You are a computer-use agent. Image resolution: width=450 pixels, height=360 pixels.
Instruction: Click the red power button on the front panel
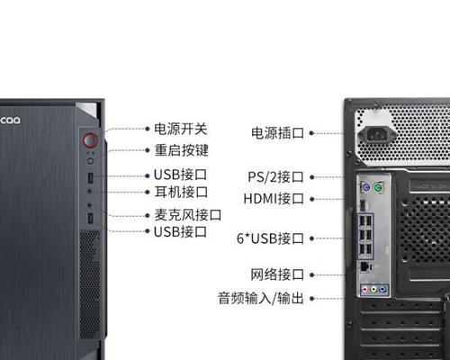[90, 140]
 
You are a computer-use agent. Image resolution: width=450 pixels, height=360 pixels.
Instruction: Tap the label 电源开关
[181, 129]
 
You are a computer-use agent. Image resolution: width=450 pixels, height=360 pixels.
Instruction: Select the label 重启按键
[181, 150]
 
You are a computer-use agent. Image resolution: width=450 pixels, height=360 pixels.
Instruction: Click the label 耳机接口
[181, 192]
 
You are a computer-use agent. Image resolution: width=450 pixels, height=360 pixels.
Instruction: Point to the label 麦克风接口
[188, 215]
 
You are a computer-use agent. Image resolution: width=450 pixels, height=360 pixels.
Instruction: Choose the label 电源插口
[277, 133]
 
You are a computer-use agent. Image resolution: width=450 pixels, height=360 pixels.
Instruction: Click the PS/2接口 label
[275, 177]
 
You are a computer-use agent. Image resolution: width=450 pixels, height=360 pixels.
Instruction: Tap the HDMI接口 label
[274, 199]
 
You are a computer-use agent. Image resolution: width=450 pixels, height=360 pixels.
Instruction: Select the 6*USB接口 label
[270, 238]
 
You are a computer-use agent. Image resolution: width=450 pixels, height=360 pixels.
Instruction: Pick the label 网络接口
[277, 274]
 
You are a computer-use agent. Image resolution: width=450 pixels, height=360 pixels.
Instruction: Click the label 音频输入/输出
[261, 298]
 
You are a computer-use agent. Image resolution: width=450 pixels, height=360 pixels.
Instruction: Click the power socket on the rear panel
[377, 135]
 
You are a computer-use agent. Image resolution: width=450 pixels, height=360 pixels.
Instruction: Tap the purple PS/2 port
[365, 188]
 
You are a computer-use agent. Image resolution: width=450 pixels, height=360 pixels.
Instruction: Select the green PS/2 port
[378, 188]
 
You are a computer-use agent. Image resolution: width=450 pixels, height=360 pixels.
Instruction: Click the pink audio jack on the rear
[364, 290]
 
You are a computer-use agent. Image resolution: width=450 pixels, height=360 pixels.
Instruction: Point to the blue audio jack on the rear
[382, 290]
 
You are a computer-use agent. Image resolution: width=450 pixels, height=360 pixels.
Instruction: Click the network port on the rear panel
[365, 266]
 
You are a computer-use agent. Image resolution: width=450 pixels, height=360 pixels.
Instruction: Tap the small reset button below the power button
[90, 161]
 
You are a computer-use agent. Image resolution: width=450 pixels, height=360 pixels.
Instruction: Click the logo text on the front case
[10, 121]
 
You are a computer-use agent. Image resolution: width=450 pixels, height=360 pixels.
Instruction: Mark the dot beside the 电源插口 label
[311, 133]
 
